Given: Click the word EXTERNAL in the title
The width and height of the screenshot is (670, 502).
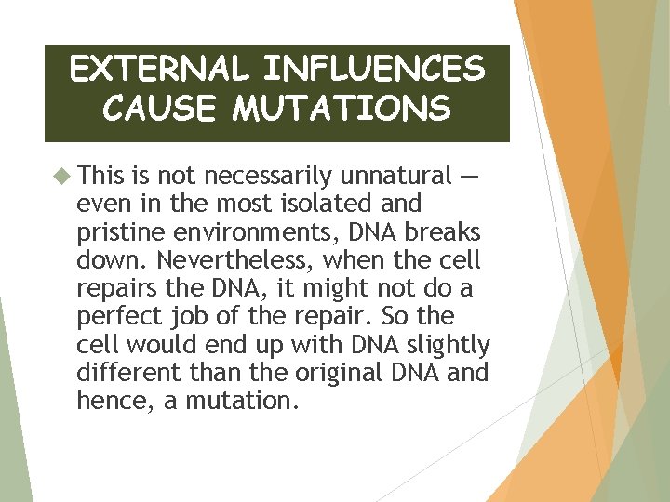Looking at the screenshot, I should [160, 70].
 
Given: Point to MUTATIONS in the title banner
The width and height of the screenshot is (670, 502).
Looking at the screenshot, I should [342, 109].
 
